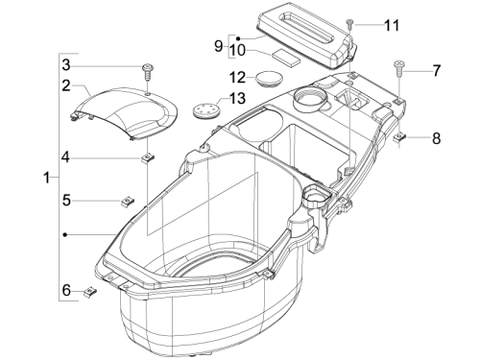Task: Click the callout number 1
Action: [x=47, y=178]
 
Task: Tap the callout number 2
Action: [x=66, y=85]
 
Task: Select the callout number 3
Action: [x=66, y=65]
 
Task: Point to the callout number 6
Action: [x=66, y=291]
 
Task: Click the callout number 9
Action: [x=218, y=46]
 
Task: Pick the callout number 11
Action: [x=392, y=25]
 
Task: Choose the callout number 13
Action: [x=237, y=98]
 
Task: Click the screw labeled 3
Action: [x=147, y=72]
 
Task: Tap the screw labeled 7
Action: [x=398, y=68]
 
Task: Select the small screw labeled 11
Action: [x=349, y=24]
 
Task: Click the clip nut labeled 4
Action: [x=148, y=158]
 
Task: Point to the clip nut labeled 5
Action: [x=128, y=202]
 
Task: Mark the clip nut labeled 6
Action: [x=90, y=291]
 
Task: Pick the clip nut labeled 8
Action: [x=399, y=137]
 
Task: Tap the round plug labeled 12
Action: [x=269, y=79]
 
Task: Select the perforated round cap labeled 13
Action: [x=206, y=108]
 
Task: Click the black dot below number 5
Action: [x=65, y=235]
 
